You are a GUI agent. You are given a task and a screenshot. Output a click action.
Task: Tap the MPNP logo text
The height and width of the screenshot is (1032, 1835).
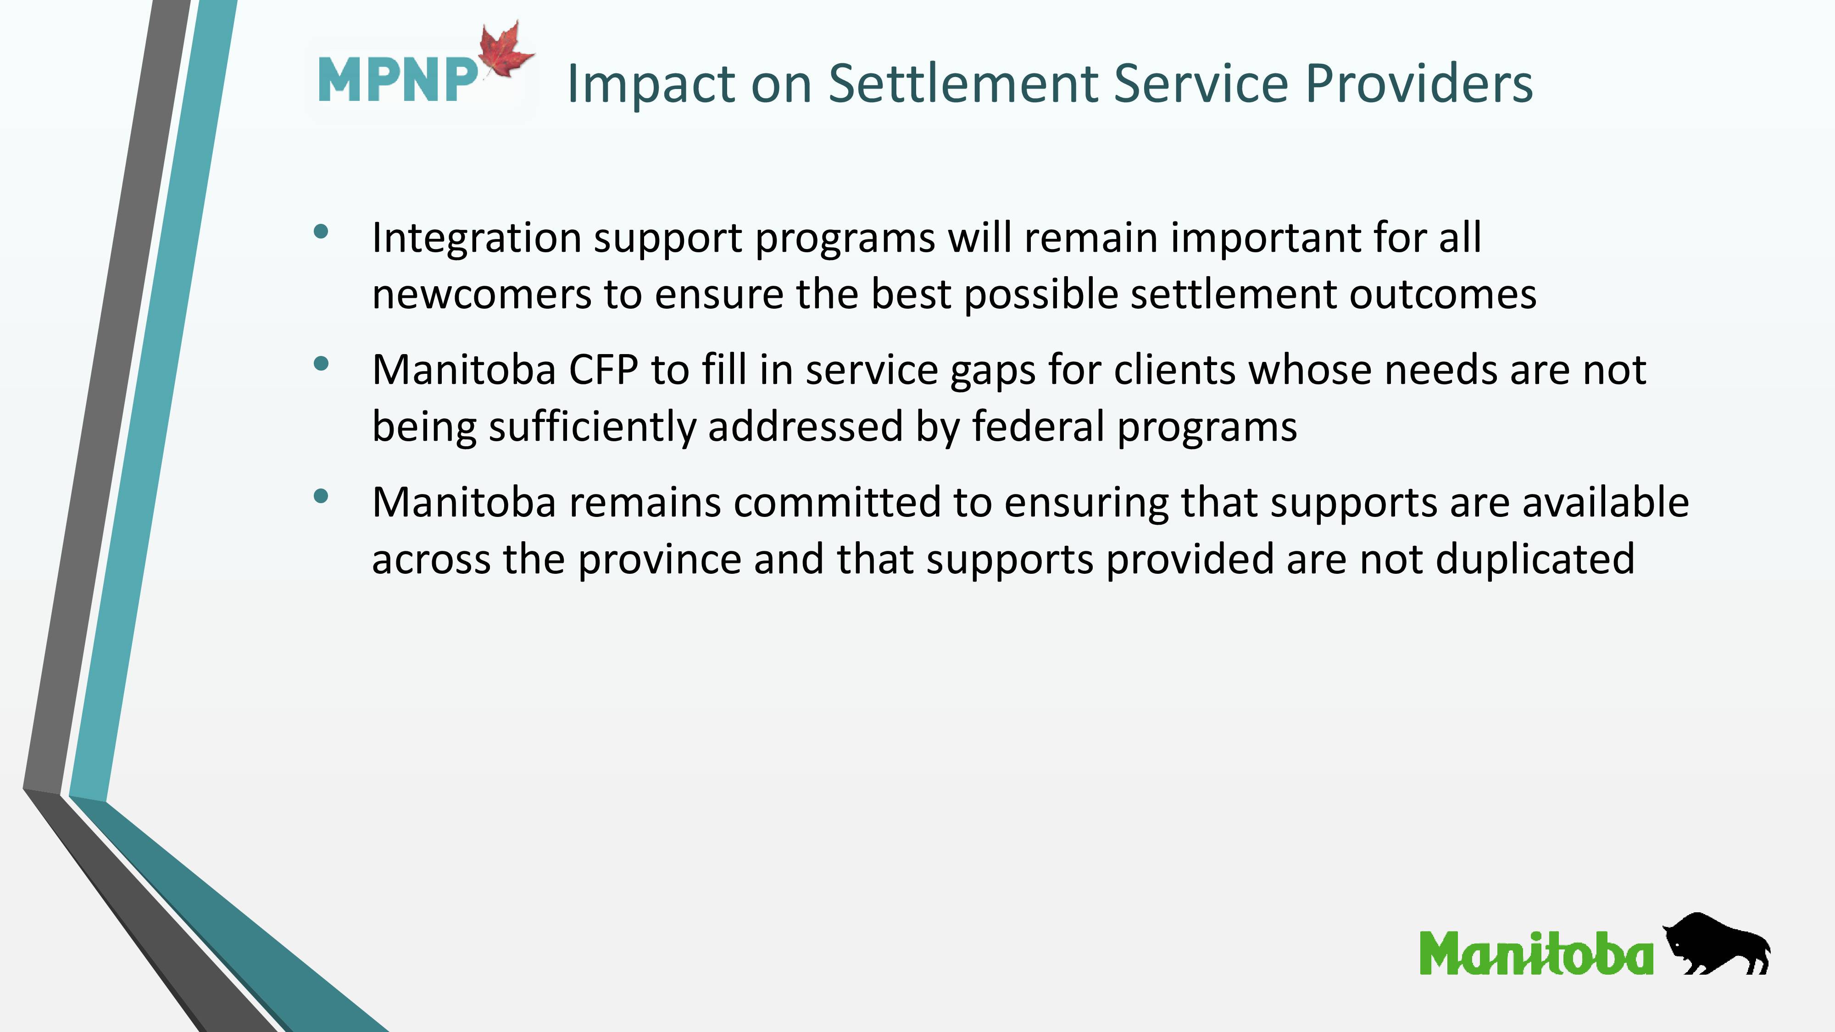(397, 80)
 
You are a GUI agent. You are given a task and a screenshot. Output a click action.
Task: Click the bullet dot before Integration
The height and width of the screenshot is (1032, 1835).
(321, 231)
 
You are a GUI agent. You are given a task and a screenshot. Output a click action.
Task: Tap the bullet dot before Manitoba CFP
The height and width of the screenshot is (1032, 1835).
(321, 364)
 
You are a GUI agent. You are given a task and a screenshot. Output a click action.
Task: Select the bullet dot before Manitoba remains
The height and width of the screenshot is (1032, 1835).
(321, 496)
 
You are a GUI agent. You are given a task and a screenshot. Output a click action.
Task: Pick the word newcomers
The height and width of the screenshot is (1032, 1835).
(482, 295)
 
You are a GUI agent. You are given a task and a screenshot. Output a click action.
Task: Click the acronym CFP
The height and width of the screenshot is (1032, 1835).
(603, 370)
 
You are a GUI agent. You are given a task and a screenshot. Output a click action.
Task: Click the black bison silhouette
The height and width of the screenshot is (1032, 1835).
(1717, 943)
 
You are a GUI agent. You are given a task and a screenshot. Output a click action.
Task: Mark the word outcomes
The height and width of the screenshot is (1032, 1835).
(1443, 295)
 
